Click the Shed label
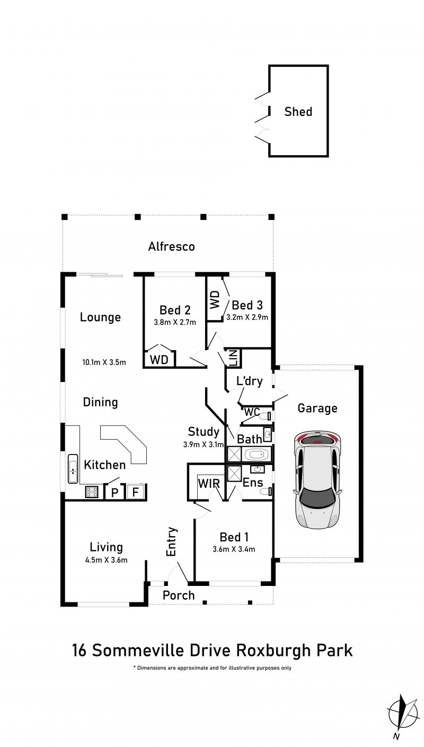click(x=298, y=111)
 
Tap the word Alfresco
click(x=171, y=246)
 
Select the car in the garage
click(x=317, y=479)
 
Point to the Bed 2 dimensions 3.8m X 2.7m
click(x=175, y=323)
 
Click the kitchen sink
click(x=73, y=468)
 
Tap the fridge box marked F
click(x=136, y=492)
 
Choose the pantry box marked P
click(x=114, y=492)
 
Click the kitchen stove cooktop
click(x=92, y=492)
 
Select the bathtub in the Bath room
click(x=257, y=454)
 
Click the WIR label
click(x=209, y=483)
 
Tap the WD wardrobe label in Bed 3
click(x=215, y=299)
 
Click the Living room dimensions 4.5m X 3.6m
click(x=106, y=560)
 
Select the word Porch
click(x=179, y=595)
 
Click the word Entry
click(x=171, y=541)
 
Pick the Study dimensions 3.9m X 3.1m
click(x=203, y=444)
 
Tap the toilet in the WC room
click(x=265, y=416)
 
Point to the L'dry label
click(x=249, y=381)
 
